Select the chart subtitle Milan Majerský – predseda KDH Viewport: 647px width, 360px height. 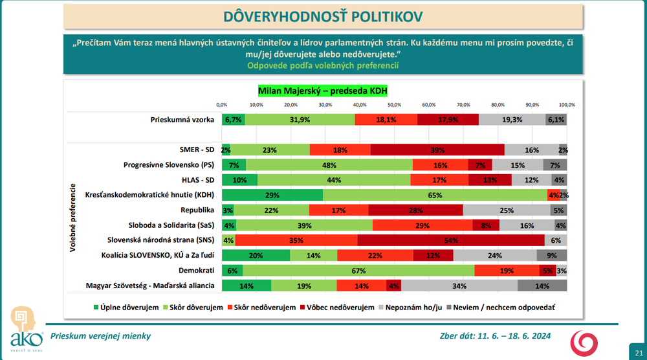tap(322, 91)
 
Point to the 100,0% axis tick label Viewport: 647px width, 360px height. tap(567, 104)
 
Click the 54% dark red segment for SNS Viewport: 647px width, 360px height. tap(450, 240)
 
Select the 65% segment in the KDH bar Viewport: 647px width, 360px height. tap(435, 195)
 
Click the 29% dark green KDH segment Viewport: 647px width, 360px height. tap(272, 195)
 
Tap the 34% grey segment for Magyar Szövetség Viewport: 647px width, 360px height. tap(459, 285)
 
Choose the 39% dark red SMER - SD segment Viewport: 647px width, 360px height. tap(437, 150)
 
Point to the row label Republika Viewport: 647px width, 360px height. tap(198, 210)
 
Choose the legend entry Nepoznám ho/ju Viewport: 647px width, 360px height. tap(414, 308)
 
